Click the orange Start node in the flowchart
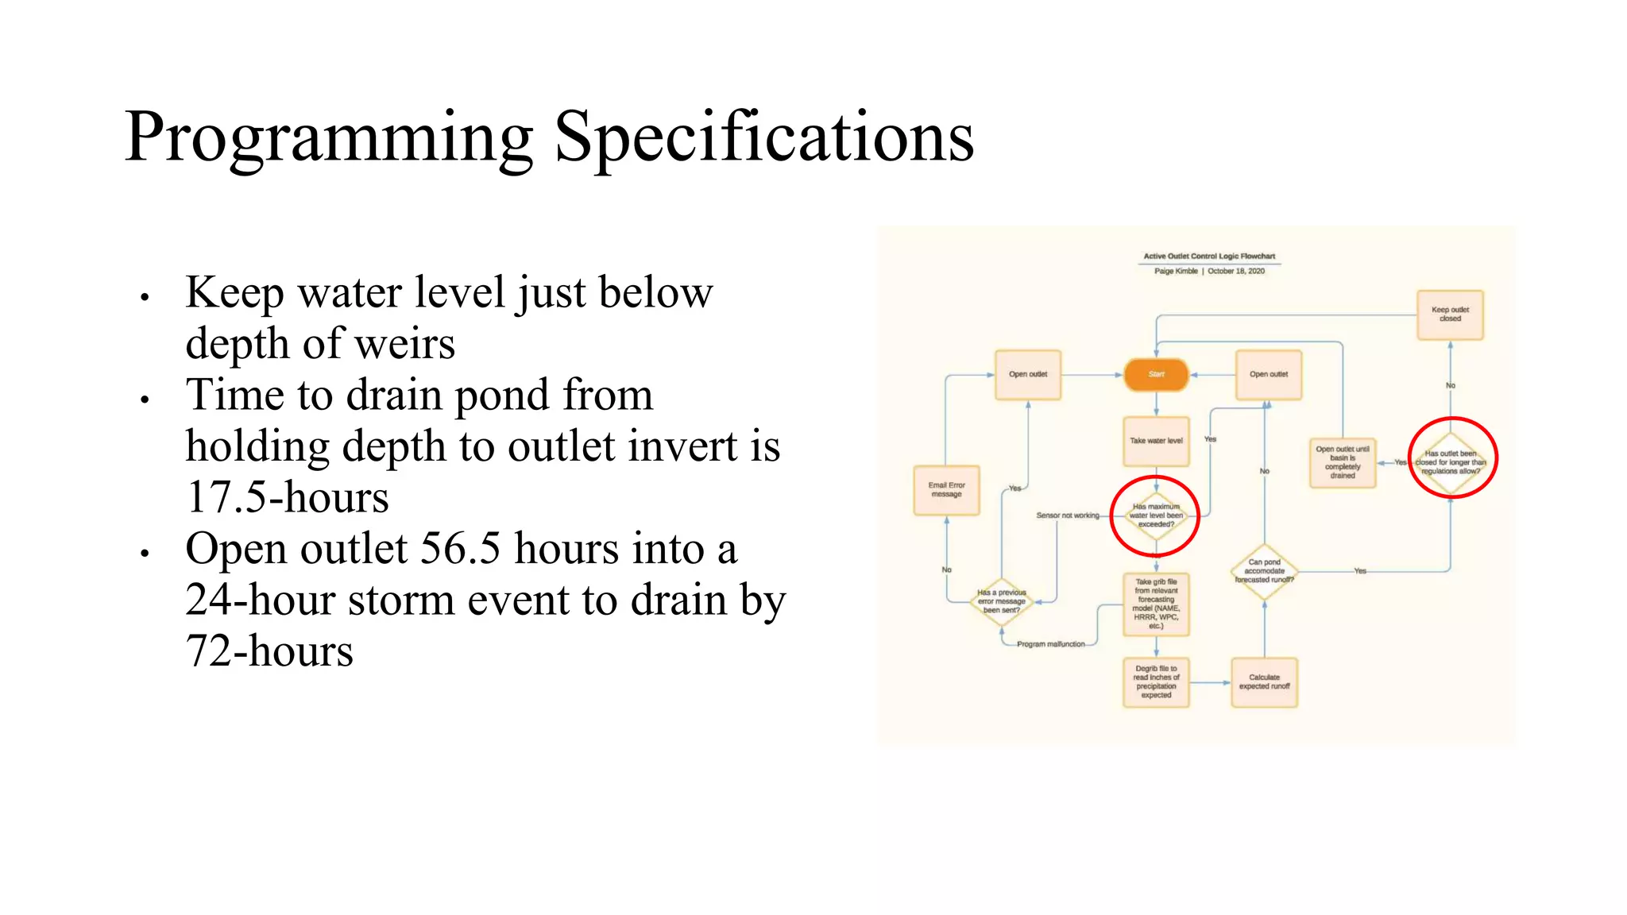click(x=1156, y=374)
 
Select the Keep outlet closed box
click(x=1450, y=315)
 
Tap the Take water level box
click(x=1156, y=441)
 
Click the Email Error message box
click(x=946, y=490)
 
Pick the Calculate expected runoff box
click(x=1264, y=682)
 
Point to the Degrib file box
click(x=1156, y=682)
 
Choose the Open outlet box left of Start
click(x=1028, y=374)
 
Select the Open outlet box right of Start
click(x=1269, y=374)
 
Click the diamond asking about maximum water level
click(x=1156, y=515)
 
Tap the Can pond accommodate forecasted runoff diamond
click(x=1264, y=571)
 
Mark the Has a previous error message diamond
click(x=1001, y=601)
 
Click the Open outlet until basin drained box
click(x=1343, y=462)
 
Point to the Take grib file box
click(x=1156, y=604)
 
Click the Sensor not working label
click(x=1068, y=515)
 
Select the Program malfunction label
click(x=1050, y=644)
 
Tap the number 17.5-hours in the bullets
click(x=288, y=497)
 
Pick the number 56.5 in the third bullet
click(x=460, y=549)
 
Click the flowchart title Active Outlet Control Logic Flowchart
click(x=1209, y=257)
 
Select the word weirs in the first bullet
click(x=405, y=344)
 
